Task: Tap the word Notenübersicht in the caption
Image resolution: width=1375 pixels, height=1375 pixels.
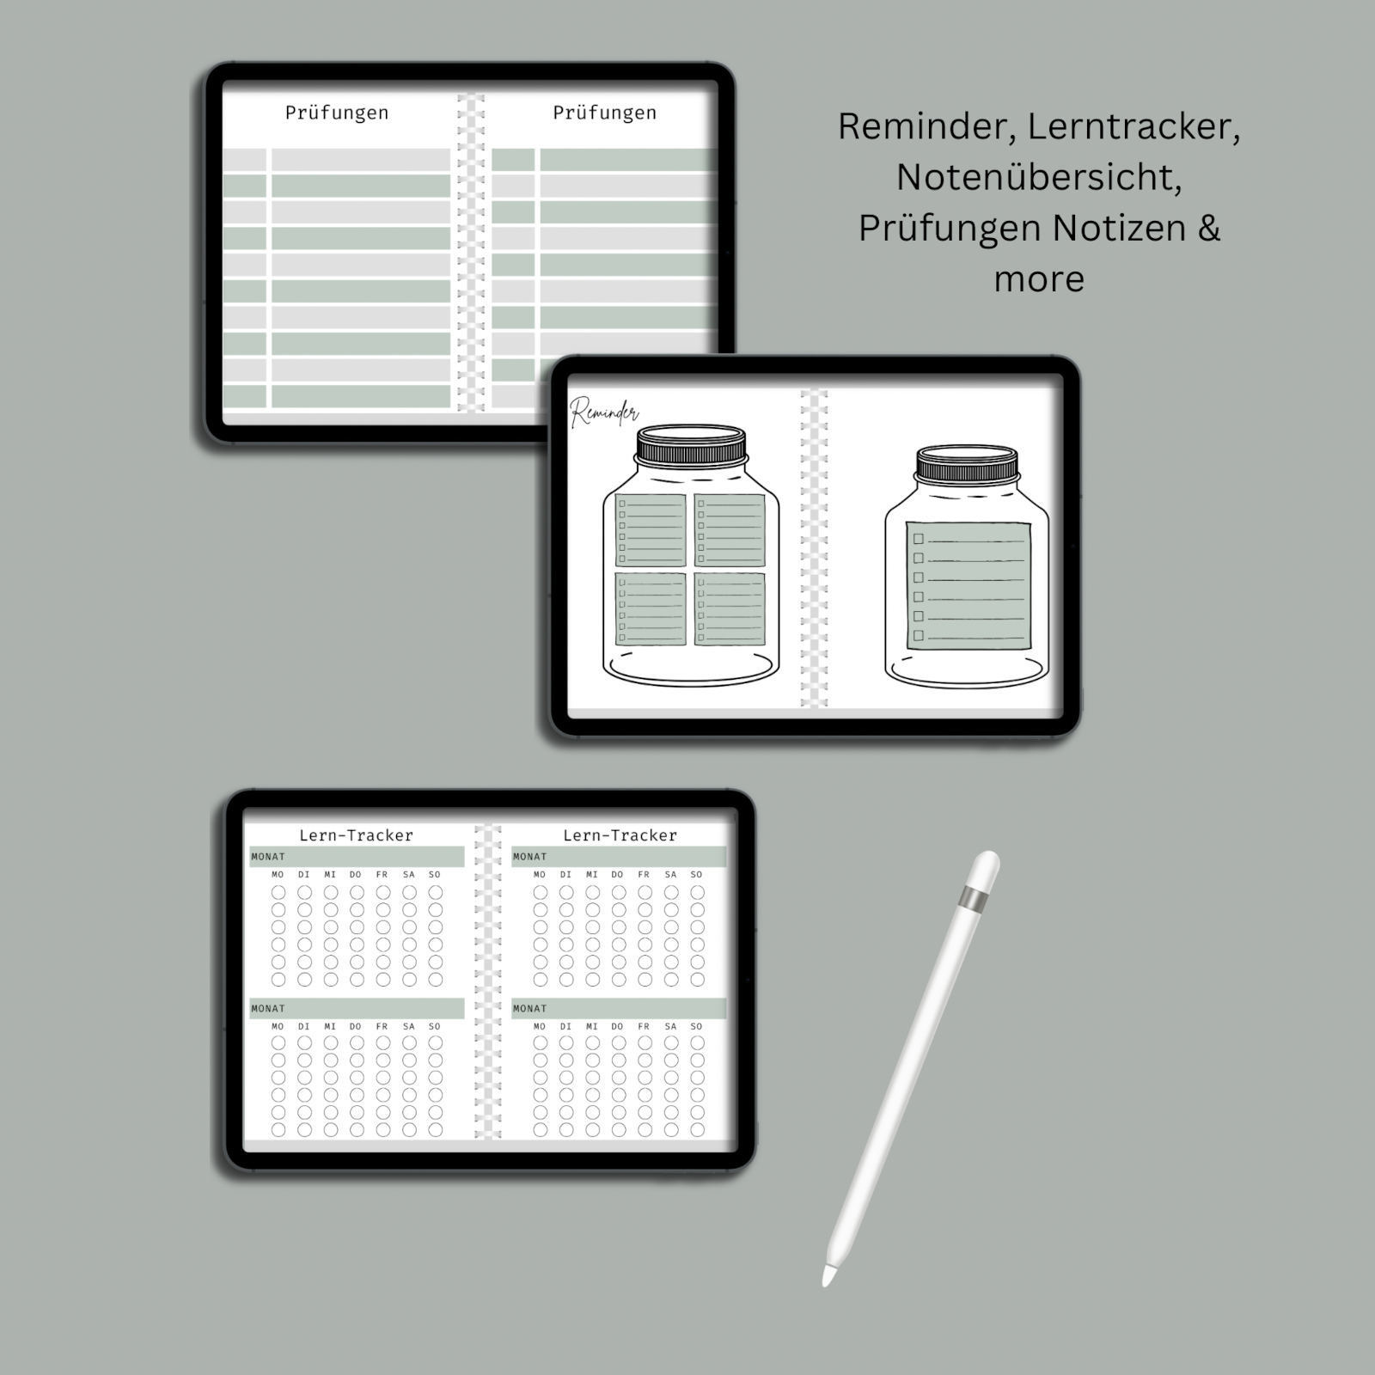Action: tap(1038, 178)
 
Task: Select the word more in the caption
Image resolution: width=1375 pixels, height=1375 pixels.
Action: tap(1038, 280)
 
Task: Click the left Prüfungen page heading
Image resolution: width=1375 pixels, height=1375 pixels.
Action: tap(337, 113)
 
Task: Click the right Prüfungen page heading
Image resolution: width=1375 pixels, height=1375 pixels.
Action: tap(604, 113)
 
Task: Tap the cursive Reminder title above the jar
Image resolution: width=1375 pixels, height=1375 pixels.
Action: tap(604, 413)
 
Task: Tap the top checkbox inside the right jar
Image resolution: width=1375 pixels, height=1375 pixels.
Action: tap(919, 539)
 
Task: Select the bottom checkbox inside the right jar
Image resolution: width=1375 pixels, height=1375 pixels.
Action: tap(919, 636)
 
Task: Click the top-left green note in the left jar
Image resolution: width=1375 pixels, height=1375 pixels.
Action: tap(651, 530)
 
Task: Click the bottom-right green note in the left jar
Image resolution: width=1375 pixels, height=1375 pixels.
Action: tap(730, 609)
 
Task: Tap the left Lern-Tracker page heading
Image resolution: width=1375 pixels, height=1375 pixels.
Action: tap(356, 835)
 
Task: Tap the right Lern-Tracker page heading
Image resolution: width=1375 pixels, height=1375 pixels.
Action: tap(620, 835)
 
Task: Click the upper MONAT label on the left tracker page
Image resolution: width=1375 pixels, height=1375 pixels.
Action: tap(268, 857)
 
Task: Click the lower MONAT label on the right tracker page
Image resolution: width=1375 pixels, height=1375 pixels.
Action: tap(529, 1009)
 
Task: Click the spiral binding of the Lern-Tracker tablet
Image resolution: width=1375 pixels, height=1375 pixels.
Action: tap(487, 980)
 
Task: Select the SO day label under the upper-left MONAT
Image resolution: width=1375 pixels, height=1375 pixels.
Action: tap(435, 875)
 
